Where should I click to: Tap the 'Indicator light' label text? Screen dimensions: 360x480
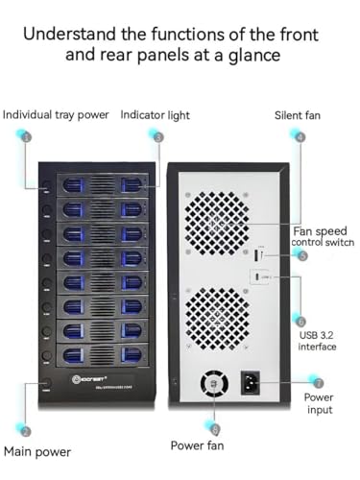tap(155, 115)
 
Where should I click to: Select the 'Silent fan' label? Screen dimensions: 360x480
tap(300, 115)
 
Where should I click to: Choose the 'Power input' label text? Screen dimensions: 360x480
tap(319, 403)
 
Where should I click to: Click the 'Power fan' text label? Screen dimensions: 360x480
tap(202, 445)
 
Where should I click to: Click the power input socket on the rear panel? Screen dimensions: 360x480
tap(254, 383)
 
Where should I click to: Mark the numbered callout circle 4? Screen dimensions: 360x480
tap(300, 136)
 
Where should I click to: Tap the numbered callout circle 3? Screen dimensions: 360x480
tap(158, 136)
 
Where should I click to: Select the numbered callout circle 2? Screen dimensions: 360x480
tap(27, 432)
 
